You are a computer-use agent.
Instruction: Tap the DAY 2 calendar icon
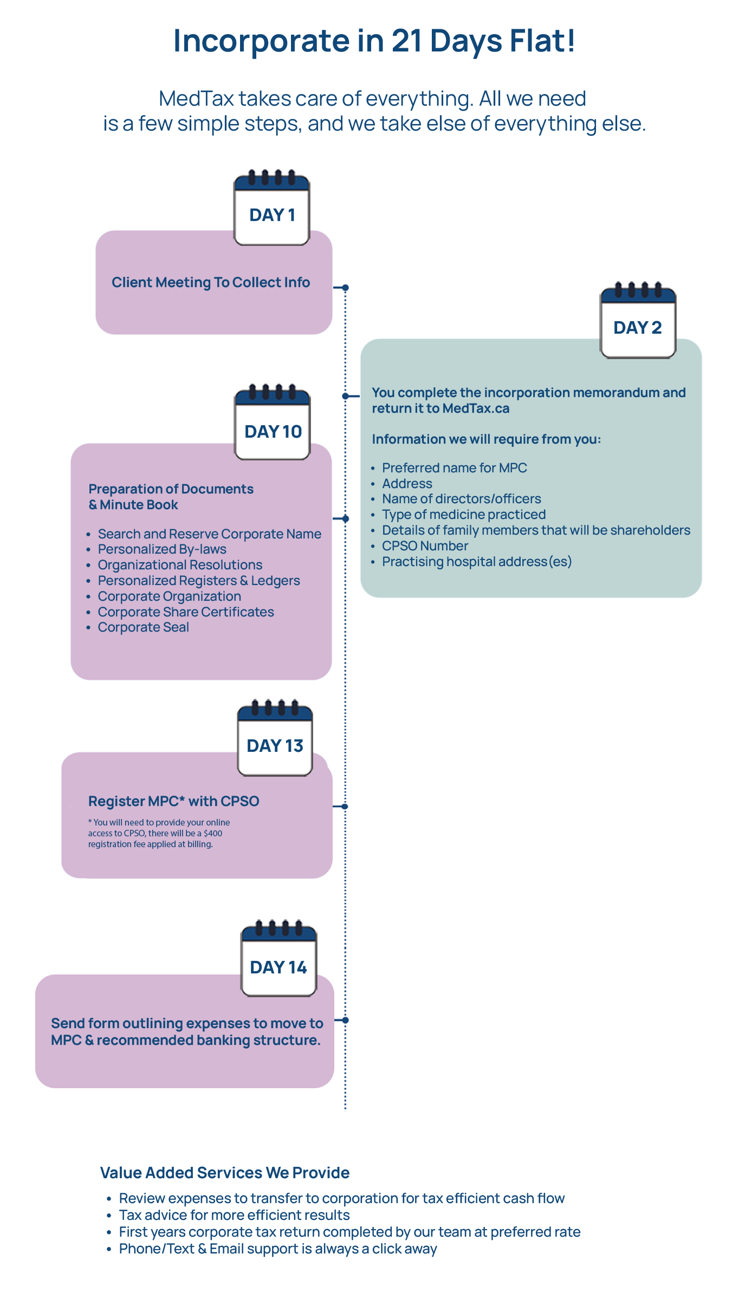(638, 320)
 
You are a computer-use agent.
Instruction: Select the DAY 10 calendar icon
(273, 422)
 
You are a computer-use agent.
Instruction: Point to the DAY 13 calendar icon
(275, 738)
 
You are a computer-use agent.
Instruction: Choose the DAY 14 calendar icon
(279, 958)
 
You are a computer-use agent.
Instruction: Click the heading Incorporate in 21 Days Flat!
(374, 41)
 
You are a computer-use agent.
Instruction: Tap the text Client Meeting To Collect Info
(211, 282)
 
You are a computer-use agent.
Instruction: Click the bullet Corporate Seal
(144, 627)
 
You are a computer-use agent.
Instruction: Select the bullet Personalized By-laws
(162, 549)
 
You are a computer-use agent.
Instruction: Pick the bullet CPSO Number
(425, 546)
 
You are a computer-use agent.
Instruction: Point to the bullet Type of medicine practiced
(464, 515)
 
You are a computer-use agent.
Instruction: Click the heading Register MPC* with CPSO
(174, 801)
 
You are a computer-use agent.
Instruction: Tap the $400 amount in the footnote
(213, 833)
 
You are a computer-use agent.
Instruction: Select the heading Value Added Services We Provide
(225, 1173)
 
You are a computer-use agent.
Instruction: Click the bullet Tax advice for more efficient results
(235, 1215)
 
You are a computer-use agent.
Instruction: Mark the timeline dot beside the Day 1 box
(346, 288)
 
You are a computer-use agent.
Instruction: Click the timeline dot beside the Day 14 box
(346, 1020)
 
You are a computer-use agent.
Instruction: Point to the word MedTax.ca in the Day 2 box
(476, 408)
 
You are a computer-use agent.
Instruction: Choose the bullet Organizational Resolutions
(180, 565)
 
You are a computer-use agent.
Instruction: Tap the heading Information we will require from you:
(487, 439)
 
